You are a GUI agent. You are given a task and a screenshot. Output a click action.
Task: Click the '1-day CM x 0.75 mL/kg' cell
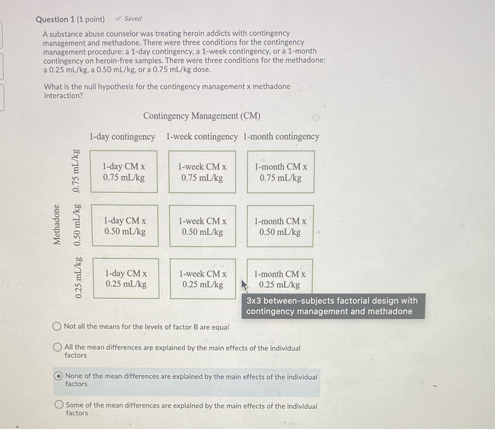[124, 172]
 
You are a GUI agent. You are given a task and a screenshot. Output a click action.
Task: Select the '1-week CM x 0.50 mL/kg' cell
[203, 226]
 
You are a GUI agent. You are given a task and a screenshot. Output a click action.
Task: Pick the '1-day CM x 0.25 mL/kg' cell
[126, 278]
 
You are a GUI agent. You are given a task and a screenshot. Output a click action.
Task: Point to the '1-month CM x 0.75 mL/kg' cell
[281, 172]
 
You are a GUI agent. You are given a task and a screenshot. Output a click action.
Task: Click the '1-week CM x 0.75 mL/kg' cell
[202, 172]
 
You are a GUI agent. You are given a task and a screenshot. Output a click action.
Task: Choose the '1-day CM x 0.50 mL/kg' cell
[125, 226]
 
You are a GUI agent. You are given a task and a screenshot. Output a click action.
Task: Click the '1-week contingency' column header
[202, 136]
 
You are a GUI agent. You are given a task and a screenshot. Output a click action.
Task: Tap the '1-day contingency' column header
[122, 137]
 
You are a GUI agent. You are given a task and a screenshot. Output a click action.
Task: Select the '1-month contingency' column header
[281, 136]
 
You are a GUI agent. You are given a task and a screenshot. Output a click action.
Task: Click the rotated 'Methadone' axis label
[57, 225]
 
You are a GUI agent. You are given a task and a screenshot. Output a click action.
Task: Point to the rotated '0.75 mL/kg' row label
[76, 171]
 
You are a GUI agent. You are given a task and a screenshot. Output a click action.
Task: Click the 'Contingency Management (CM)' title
[202, 116]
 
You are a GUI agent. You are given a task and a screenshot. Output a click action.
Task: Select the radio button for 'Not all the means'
[57, 326]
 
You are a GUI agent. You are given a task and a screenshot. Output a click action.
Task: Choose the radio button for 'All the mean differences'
[58, 347]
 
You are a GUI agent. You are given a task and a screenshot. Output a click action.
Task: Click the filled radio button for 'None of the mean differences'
[58, 376]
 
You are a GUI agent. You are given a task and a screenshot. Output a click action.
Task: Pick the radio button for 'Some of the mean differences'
[59, 405]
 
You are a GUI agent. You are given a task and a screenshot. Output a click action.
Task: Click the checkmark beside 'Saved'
[118, 19]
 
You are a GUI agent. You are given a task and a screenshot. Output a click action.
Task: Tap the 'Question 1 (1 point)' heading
[70, 20]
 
